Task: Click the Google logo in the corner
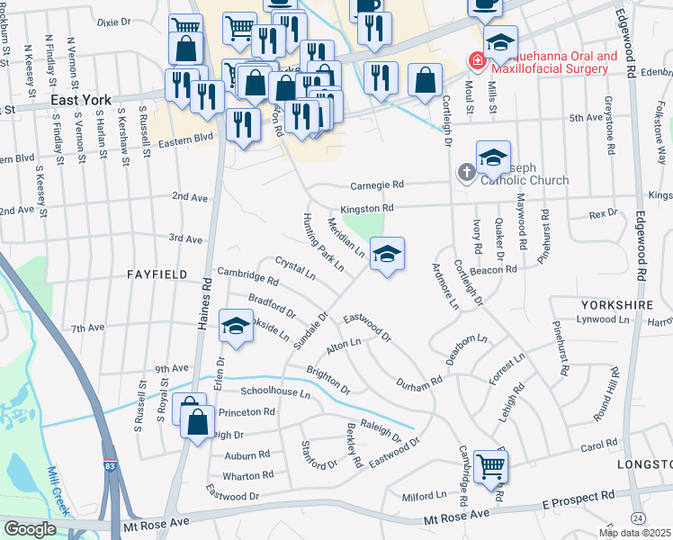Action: [30, 529]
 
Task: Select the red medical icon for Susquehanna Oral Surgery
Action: [475, 61]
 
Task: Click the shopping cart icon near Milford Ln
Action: [491, 465]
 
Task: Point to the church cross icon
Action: [466, 172]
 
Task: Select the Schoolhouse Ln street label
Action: [275, 392]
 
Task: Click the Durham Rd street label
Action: [419, 382]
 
